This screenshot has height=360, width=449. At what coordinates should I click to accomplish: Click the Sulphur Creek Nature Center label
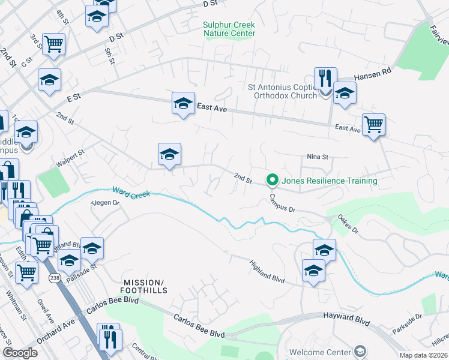click(229, 29)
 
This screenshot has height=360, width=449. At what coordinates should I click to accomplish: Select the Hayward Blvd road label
click(346, 319)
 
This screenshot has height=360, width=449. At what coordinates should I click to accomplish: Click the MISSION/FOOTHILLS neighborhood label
click(143, 287)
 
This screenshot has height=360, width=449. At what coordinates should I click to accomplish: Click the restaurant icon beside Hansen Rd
click(325, 79)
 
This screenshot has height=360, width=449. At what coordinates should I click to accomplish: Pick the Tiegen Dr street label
click(106, 203)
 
